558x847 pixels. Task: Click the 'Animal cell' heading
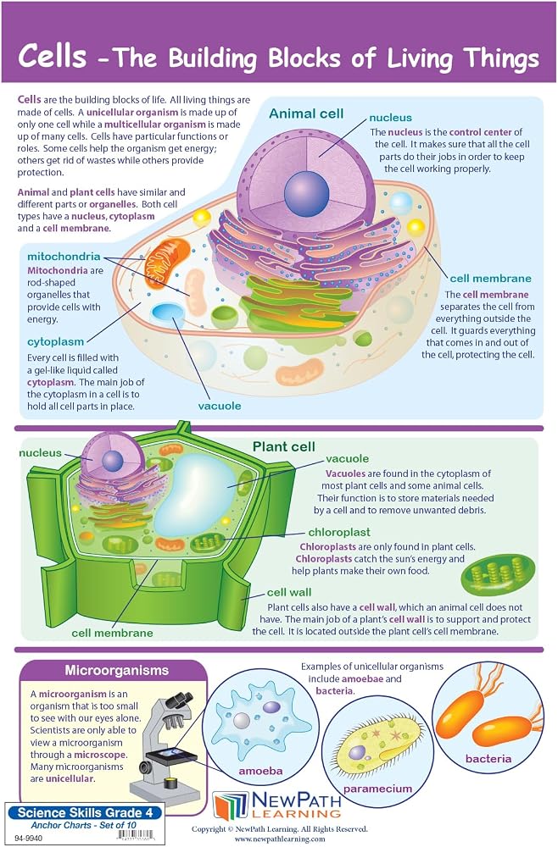point(306,113)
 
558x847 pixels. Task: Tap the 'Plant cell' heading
point(284,446)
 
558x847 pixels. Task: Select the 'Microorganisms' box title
point(116,670)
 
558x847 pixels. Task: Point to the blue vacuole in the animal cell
point(168,313)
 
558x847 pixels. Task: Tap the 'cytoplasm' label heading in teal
point(56,341)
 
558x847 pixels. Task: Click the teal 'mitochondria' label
point(64,256)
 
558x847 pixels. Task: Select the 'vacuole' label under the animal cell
point(220,406)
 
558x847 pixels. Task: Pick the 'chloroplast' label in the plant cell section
point(339,533)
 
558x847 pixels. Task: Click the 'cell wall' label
point(289,592)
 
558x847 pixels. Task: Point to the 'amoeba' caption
point(260,771)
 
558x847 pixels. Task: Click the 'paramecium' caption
point(377,789)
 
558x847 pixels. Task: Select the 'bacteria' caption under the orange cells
point(488,759)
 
